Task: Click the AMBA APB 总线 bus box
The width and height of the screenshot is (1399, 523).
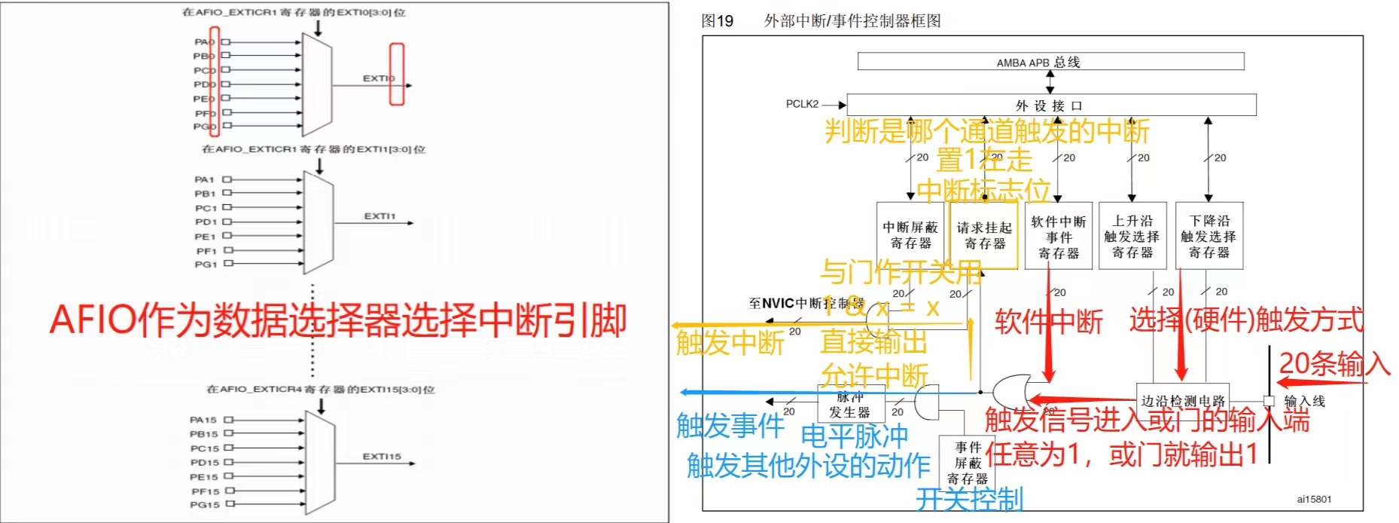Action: [1050, 62]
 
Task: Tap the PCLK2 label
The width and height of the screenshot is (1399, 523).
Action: [802, 104]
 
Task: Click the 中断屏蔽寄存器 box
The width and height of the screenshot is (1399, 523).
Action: [910, 235]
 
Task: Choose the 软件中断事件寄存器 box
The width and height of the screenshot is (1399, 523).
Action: [1058, 237]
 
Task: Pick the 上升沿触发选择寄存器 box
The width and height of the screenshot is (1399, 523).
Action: [1132, 236]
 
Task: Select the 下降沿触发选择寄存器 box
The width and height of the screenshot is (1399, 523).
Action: [1209, 236]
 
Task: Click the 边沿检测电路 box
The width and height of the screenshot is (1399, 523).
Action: [1182, 400]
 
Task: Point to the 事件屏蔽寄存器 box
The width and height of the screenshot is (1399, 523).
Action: [967, 463]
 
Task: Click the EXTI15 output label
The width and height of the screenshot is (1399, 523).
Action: [382, 457]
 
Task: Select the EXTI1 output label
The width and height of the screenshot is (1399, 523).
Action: [379, 216]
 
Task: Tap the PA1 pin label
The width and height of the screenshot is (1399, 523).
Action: [204, 179]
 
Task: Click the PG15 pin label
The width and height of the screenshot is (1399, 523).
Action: [204, 505]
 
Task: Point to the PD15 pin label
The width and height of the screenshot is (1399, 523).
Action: [204, 463]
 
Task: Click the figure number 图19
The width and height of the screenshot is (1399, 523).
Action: [717, 21]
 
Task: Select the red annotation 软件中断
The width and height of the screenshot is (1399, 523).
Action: [1048, 322]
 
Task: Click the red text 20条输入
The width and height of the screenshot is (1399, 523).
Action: [1333, 365]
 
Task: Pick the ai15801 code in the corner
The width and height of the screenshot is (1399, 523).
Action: [1314, 499]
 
